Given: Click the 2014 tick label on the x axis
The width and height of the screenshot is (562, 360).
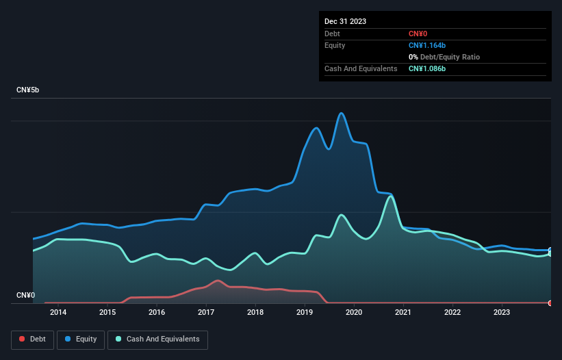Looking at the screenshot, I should [x=58, y=312].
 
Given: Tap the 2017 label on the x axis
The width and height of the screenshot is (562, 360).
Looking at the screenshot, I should [x=206, y=312].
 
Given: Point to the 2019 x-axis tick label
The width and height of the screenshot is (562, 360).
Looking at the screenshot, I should [x=305, y=312].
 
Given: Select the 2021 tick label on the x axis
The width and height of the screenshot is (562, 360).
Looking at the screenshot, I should [x=403, y=312].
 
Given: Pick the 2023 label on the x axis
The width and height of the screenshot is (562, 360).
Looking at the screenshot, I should [x=502, y=312].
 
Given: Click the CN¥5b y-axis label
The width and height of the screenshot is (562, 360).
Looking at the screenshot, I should [x=28, y=90].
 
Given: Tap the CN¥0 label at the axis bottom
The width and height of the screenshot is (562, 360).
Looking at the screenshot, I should [x=25, y=296].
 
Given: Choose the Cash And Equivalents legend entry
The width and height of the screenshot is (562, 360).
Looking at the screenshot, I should [x=157, y=339].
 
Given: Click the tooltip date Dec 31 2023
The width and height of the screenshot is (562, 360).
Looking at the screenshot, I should [x=345, y=21].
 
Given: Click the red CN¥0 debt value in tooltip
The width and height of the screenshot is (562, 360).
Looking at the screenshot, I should [x=418, y=34].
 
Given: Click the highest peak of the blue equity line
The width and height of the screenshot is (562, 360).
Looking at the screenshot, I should [x=340, y=114].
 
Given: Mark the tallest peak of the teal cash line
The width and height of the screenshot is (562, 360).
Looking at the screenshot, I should [x=390, y=196].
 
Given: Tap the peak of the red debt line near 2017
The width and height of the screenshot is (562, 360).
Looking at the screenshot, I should [x=218, y=281].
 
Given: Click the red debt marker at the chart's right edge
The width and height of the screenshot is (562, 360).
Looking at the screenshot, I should [x=550, y=303].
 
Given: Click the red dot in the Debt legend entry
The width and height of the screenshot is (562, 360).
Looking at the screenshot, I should [x=22, y=339].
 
